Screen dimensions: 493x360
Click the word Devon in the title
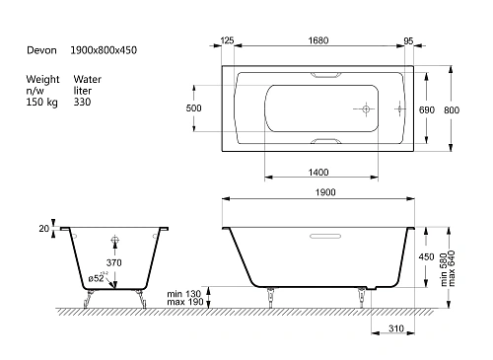click(x=41, y=50)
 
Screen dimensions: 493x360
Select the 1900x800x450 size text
click(x=104, y=50)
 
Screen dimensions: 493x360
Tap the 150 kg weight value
click(x=41, y=103)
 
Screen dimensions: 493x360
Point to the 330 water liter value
click(x=82, y=102)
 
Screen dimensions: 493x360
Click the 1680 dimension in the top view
click(x=318, y=40)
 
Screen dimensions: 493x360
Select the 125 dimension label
click(x=227, y=40)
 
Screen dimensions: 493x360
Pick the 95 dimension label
click(x=408, y=41)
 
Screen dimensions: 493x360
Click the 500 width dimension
click(x=193, y=108)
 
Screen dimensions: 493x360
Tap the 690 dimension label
click(x=427, y=110)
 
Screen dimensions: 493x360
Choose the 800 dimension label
click(x=452, y=110)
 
